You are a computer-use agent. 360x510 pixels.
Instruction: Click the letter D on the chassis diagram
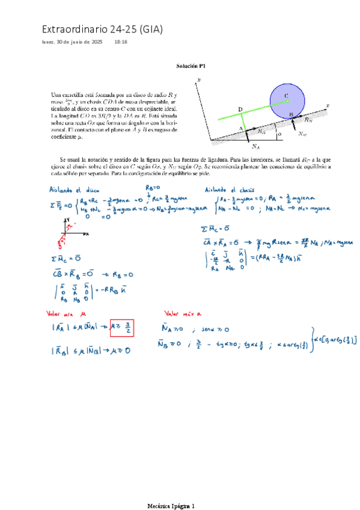[240, 109]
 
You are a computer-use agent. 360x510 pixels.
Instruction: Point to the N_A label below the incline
[239, 146]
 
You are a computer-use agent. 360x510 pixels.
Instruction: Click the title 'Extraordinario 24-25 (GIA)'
[102, 29]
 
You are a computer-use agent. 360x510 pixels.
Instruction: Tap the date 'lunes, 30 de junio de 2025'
[72, 43]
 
